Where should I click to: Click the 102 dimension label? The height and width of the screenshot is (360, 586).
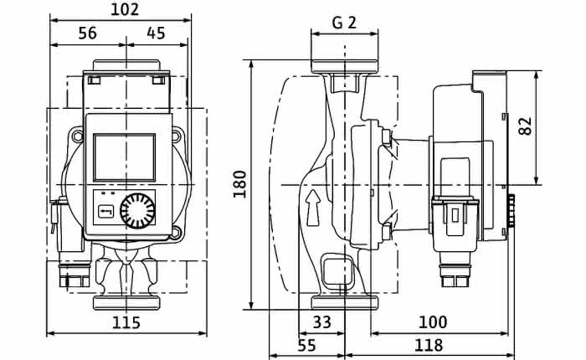point(125,10)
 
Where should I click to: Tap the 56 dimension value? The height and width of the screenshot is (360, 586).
point(87,33)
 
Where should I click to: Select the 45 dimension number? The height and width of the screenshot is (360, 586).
point(156,33)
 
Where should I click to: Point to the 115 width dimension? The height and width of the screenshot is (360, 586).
point(126,322)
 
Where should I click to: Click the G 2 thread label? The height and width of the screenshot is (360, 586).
point(344,23)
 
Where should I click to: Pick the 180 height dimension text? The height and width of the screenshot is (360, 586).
point(240,184)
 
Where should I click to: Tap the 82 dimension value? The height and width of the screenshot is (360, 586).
point(526,126)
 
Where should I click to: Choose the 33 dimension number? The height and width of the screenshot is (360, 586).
point(321,321)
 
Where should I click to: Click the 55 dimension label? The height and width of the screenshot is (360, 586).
point(307,346)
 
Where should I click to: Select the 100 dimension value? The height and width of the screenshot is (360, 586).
point(433,321)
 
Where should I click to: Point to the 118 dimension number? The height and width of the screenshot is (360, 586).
point(429,346)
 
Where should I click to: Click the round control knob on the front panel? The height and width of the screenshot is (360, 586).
point(137,211)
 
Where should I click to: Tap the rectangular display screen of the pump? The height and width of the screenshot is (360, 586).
point(124,157)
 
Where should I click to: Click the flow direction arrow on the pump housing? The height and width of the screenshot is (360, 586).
point(313,208)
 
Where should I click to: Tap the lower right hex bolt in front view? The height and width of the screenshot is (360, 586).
point(175,234)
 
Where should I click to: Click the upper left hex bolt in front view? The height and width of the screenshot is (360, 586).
point(77,136)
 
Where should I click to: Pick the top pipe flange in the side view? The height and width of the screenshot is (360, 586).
point(345,66)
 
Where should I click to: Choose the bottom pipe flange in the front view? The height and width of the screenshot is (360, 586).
point(126,302)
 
